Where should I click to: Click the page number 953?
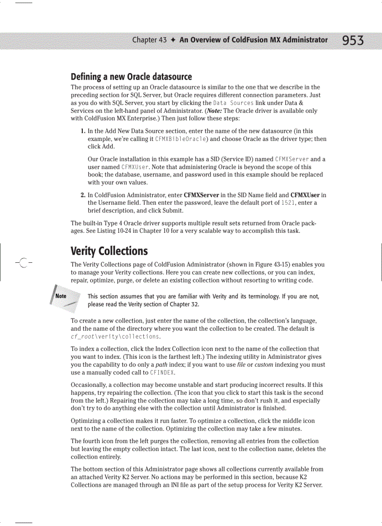click(x=353, y=41)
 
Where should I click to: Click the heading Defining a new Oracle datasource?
click(x=131, y=76)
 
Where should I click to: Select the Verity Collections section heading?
click(x=109, y=251)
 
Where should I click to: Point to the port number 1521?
click(x=287, y=203)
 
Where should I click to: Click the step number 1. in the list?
click(x=82, y=131)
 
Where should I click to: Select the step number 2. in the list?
click(x=82, y=195)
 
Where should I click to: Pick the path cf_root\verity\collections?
click(x=115, y=336)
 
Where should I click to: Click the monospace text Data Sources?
click(x=233, y=103)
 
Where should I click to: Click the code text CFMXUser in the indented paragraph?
click(x=135, y=167)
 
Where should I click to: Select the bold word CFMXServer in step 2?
click(x=206, y=195)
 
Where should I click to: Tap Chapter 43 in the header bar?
click(x=149, y=40)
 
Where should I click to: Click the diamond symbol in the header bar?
click(x=173, y=40)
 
